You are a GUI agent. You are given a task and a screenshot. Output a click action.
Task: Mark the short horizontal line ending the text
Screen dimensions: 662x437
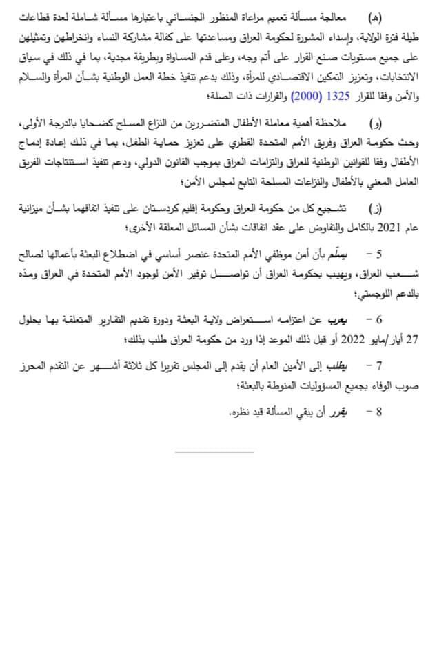pyautogui.click(x=214, y=452)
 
